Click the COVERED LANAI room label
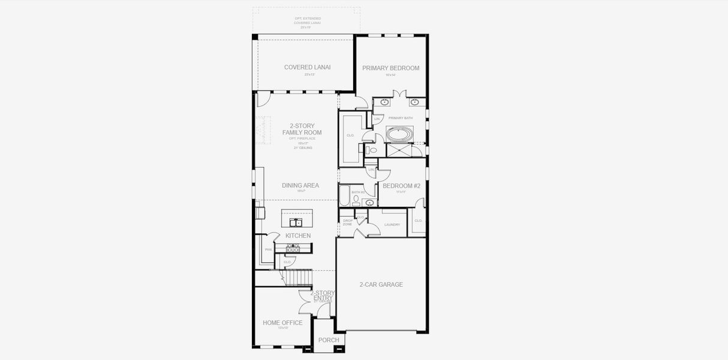point(307,67)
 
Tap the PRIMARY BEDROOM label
point(390,68)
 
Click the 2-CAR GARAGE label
point(381,284)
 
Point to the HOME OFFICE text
point(282,323)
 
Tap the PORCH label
point(328,340)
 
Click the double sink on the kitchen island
point(297,223)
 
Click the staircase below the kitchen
point(298,278)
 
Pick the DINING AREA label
point(300,185)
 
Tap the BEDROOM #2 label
point(401,186)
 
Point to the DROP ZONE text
point(348,223)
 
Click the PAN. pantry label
point(269,250)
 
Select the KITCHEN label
point(298,236)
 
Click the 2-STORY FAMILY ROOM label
point(302,129)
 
